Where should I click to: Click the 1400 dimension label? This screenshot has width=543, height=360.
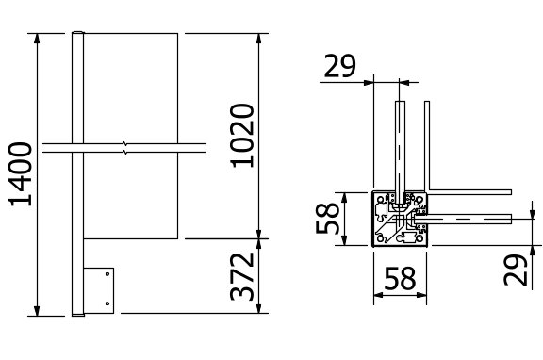point(20,173)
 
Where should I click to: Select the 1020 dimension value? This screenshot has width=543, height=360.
point(242,136)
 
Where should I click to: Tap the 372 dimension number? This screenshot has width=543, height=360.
point(242,276)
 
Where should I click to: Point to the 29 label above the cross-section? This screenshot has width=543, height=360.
point(339,66)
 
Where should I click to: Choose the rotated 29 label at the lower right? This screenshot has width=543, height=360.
point(516,270)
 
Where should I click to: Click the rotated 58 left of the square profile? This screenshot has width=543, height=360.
point(327,218)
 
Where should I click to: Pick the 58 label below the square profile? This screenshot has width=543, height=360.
point(400,278)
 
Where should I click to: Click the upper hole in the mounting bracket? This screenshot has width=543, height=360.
point(107,274)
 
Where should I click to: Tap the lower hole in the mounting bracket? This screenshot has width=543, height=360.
point(107,303)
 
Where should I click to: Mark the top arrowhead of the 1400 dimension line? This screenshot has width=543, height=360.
point(37,38)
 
